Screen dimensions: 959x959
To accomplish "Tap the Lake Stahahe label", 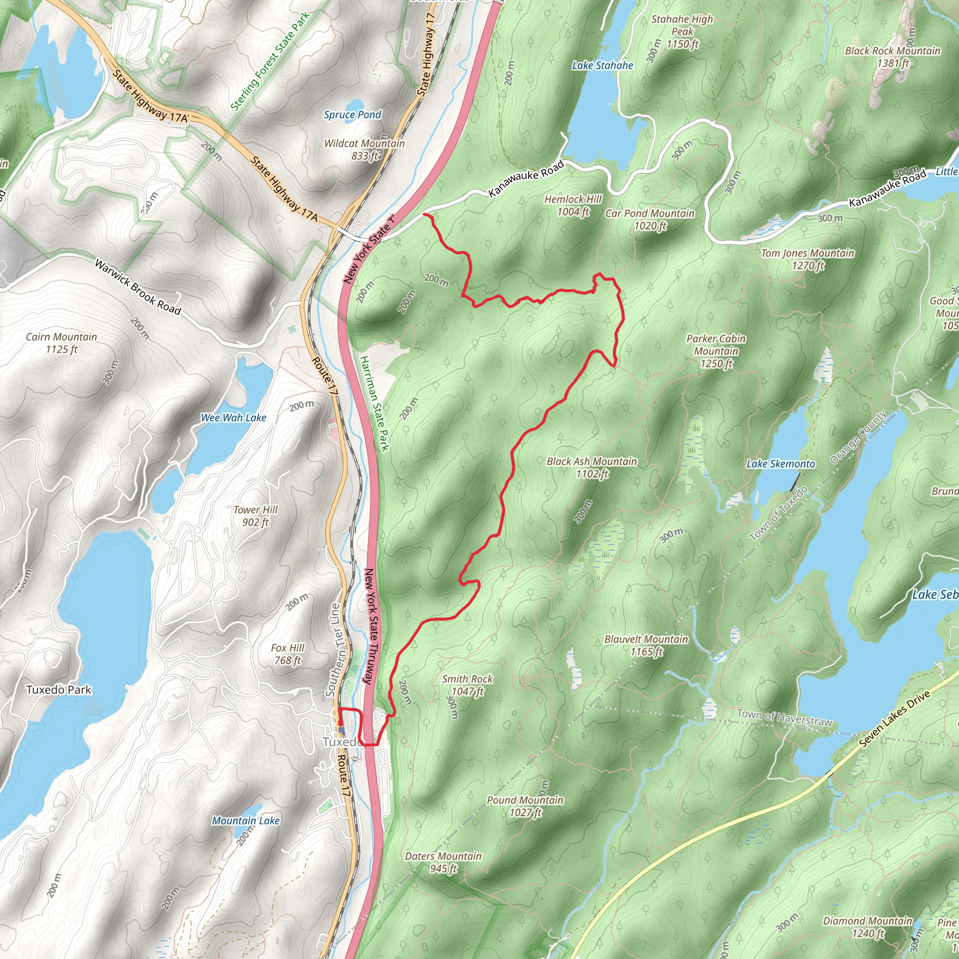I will [603, 66].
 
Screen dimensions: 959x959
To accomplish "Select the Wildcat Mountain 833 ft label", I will [364, 149].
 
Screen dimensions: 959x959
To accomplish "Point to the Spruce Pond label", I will [353, 115].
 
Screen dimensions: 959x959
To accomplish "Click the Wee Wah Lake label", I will [233, 418].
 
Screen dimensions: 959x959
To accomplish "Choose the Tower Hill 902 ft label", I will [256, 516].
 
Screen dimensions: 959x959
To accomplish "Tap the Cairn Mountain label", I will [61, 343].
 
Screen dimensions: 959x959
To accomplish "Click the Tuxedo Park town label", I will [59, 689].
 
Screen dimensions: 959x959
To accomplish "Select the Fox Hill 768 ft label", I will [288, 654].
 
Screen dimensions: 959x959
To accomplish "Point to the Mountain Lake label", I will [246, 820].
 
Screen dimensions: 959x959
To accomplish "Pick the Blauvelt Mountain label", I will [646, 645].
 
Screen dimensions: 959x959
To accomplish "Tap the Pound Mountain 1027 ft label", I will [525, 806].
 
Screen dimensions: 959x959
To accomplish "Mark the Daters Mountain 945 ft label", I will [443, 862].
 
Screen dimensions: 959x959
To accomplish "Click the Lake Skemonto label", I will [781, 464].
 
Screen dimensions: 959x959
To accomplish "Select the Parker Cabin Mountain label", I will [716, 351].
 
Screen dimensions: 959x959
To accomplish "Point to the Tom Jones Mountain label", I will [808, 259].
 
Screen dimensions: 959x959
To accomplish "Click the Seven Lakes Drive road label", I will [894, 719].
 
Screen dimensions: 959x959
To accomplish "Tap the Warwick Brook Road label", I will [138, 287].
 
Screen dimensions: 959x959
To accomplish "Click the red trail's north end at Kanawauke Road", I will [424, 214].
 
